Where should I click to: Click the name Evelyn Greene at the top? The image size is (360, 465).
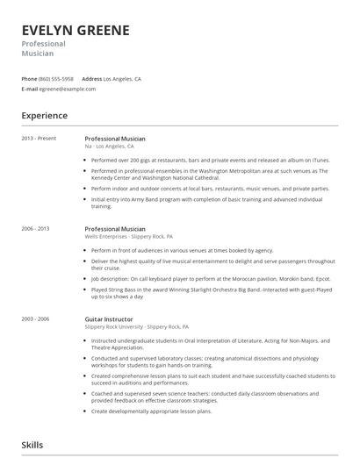(76, 30)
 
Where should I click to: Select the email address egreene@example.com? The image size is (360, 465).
(68, 89)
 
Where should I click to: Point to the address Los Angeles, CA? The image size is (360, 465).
(122, 78)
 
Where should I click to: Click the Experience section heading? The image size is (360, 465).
(44, 115)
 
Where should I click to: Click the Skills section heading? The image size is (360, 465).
(32, 446)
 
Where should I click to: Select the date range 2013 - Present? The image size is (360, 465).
(39, 139)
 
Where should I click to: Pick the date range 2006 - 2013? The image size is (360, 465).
(35, 228)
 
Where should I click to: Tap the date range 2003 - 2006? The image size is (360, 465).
(35, 318)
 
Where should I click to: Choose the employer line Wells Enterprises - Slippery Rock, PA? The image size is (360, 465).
(128, 236)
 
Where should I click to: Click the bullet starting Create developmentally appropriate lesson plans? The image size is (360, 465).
(151, 411)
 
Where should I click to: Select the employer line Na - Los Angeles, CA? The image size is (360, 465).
(109, 147)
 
